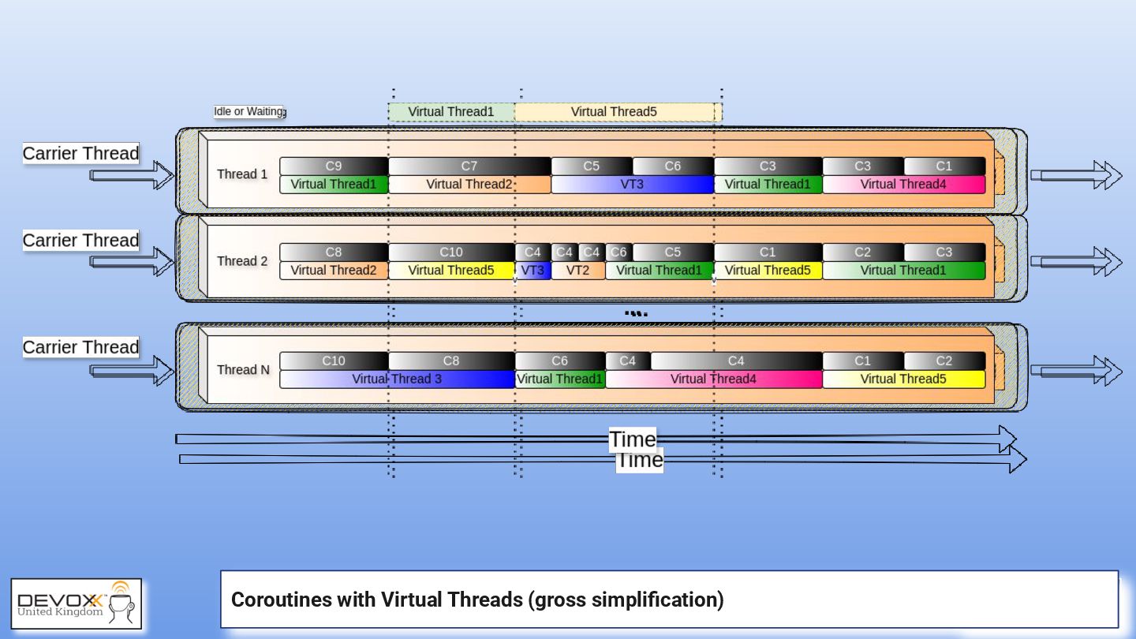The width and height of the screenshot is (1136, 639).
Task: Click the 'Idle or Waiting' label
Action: [x=249, y=111]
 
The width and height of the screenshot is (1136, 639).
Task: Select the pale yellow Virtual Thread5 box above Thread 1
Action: [x=614, y=112]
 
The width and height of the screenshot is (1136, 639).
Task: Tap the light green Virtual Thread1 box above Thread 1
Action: [x=450, y=112]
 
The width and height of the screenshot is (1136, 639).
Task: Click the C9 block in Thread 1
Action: [x=334, y=166]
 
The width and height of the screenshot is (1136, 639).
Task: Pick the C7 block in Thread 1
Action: [x=469, y=166]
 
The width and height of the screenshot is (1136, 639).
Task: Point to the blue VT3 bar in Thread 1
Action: [x=632, y=185]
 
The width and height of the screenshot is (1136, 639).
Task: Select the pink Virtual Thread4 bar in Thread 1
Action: [x=903, y=185]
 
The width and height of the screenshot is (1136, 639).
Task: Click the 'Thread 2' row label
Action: [x=242, y=261]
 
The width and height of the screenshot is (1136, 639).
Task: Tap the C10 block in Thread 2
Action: [x=451, y=252]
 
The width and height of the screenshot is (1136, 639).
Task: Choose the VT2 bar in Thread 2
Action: [x=578, y=271]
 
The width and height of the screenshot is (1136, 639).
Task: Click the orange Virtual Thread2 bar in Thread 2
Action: [x=334, y=271]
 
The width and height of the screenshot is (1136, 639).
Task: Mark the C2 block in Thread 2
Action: [x=863, y=252]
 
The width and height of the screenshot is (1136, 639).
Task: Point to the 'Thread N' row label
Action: [x=243, y=369]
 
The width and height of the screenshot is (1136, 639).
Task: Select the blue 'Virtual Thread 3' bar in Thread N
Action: [x=397, y=379]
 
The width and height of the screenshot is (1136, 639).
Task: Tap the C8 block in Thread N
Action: [x=451, y=361]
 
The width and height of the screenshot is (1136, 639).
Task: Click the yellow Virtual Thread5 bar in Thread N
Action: [x=903, y=379]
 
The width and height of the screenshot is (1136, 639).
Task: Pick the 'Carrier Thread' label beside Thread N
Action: [x=80, y=347]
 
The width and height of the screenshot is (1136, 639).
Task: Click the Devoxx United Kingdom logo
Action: [x=77, y=603]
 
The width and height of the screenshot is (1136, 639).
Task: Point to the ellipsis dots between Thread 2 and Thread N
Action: [x=636, y=314]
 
